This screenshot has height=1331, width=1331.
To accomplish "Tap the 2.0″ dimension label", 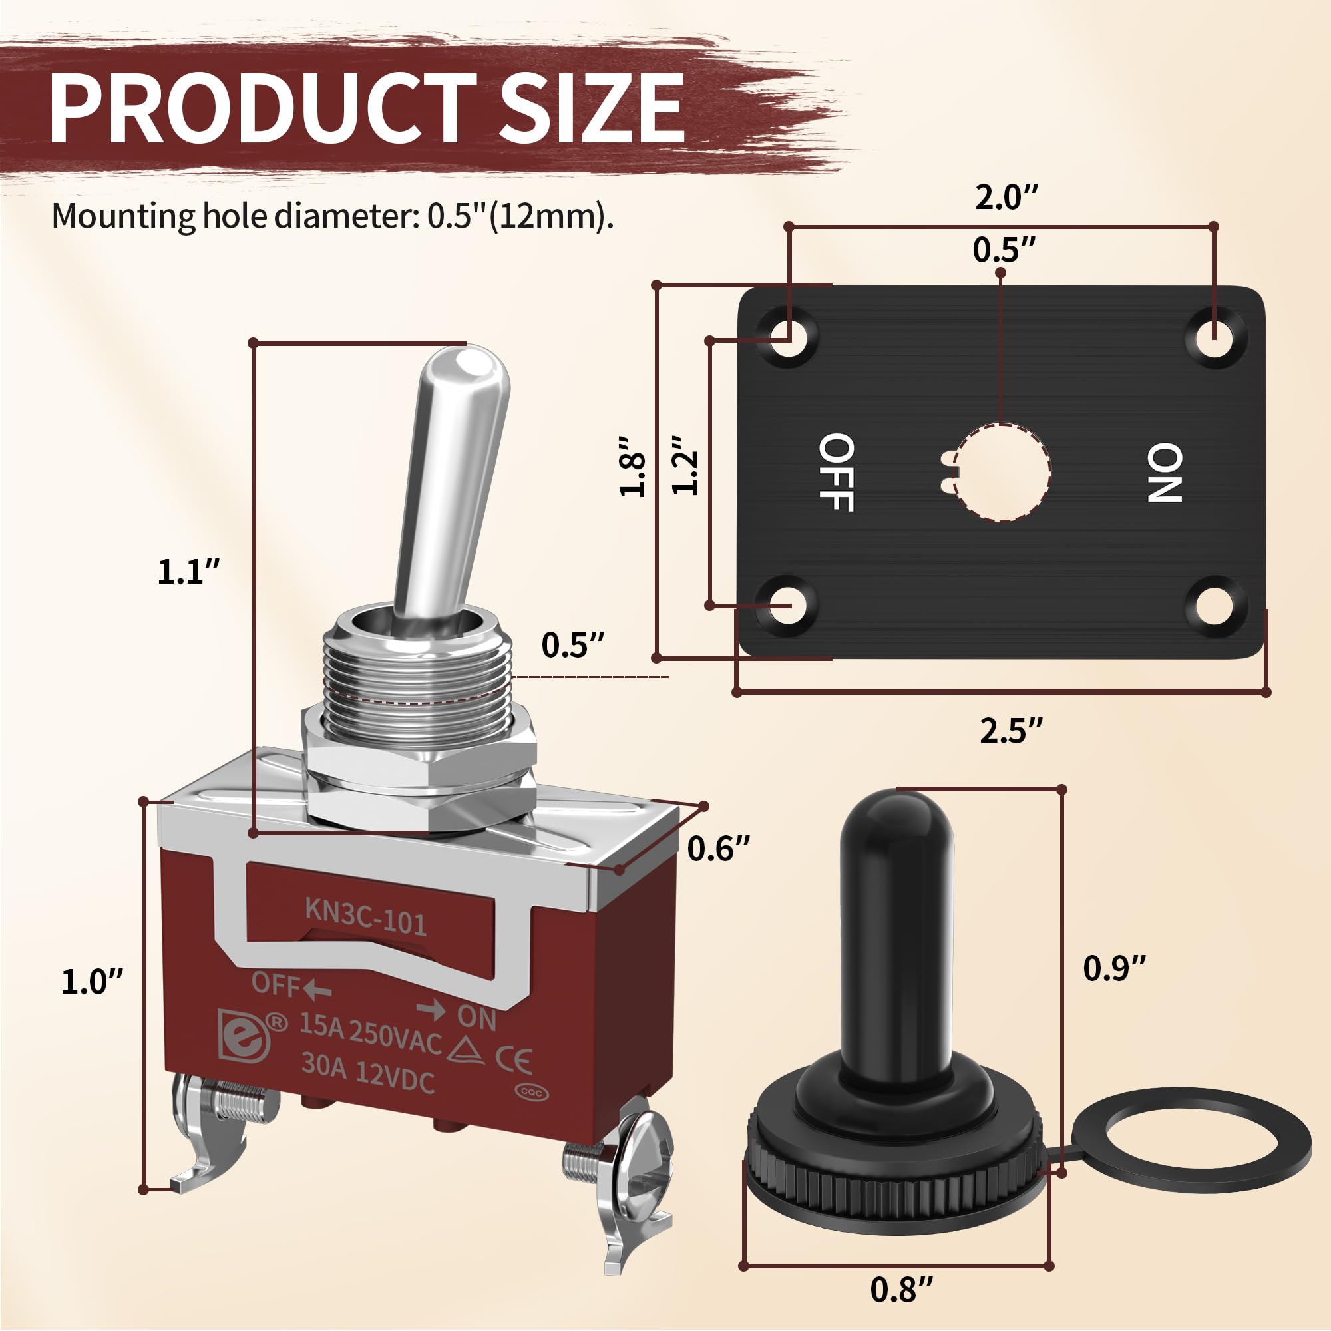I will [1006, 198].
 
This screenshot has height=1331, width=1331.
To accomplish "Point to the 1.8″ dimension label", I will [632, 467].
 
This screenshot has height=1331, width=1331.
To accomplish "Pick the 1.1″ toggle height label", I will [189, 572].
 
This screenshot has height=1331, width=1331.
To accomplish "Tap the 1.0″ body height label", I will [93, 981].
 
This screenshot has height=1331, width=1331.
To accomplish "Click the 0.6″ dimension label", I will [719, 849].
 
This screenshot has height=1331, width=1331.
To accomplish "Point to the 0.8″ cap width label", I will [902, 1289].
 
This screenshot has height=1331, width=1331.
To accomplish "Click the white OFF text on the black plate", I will [837, 473].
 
